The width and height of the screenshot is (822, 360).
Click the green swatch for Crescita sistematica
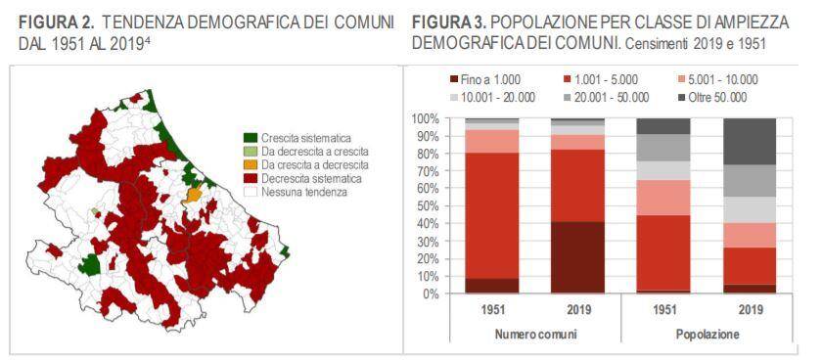click(x=251, y=138)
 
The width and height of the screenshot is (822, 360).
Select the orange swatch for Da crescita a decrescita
click(x=251, y=165)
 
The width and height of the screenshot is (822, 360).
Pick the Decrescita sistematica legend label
click(x=311, y=179)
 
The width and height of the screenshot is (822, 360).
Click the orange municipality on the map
click(x=193, y=195)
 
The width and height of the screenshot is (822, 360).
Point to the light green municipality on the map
click(x=95, y=211)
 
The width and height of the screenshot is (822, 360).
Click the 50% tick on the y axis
click(x=427, y=206)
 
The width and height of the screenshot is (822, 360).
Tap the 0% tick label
click(x=430, y=293)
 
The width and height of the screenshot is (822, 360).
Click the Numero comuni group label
click(x=534, y=334)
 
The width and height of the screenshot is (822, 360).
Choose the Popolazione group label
click(x=708, y=334)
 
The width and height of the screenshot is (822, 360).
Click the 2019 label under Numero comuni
click(x=578, y=309)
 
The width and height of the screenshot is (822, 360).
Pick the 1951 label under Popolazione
click(x=663, y=309)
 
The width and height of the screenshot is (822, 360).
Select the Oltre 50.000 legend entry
click(x=712, y=98)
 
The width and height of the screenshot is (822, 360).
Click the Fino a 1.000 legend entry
click(x=485, y=79)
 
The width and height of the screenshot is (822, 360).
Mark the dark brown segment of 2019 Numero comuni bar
click(x=577, y=257)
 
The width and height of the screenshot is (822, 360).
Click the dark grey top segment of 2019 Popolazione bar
click(x=750, y=142)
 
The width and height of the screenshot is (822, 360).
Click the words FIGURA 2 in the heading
click(x=57, y=23)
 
